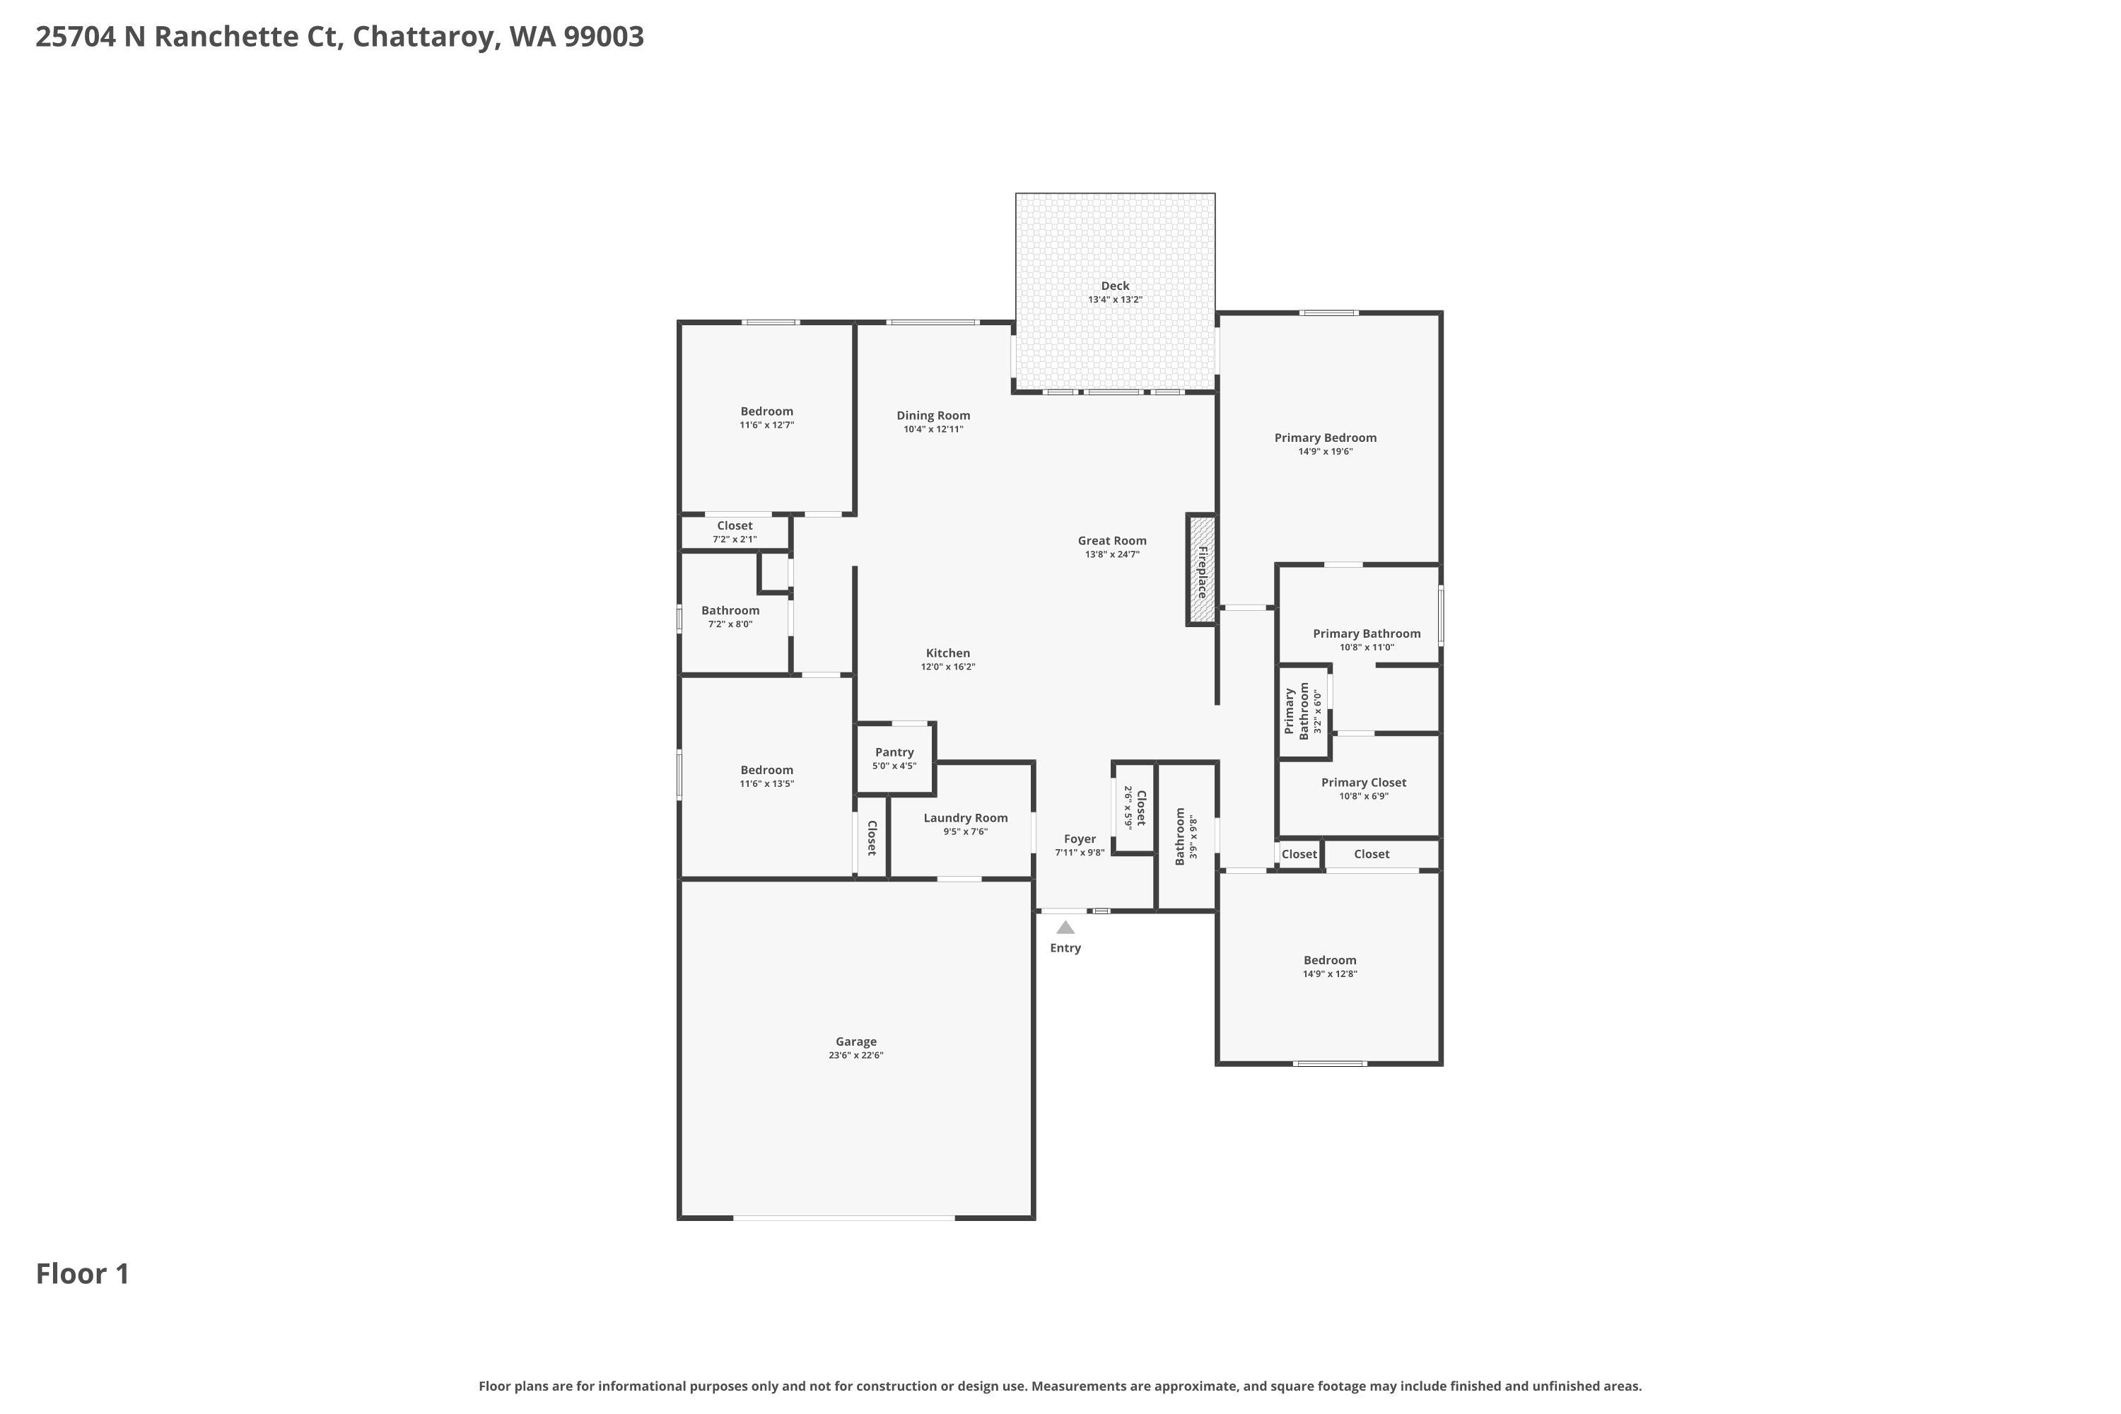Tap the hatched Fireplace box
(x=1201, y=570)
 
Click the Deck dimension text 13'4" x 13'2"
(x=1115, y=299)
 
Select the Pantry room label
(x=894, y=752)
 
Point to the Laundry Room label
(x=965, y=818)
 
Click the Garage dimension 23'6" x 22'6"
(x=855, y=1055)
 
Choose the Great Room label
(x=1112, y=541)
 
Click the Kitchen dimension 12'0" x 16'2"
(x=948, y=667)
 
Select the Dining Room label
(x=933, y=416)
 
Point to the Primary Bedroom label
(x=1325, y=438)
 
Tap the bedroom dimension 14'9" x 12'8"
(x=1329, y=974)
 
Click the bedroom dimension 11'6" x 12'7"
(x=766, y=425)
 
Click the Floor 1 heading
(x=83, y=1273)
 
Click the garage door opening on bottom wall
(x=843, y=1217)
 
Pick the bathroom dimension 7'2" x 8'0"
(x=730, y=624)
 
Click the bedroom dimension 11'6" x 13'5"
(x=766, y=783)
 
